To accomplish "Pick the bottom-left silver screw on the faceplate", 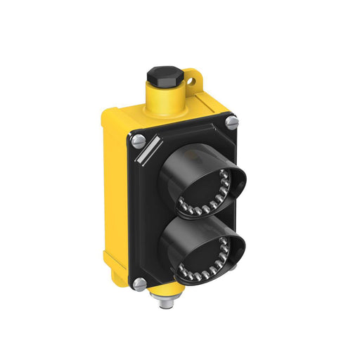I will [x=139, y=285].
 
